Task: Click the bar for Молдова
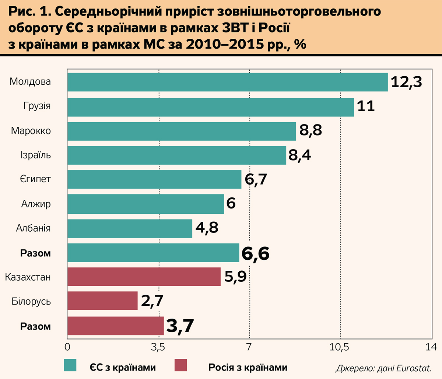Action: (x=227, y=82)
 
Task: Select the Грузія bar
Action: (x=210, y=107)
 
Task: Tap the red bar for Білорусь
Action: (x=102, y=301)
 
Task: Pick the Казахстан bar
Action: (x=144, y=277)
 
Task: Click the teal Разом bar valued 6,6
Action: (x=153, y=253)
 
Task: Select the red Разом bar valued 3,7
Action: (x=115, y=326)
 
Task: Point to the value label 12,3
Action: (x=406, y=82)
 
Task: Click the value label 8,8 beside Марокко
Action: (x=311, y=130)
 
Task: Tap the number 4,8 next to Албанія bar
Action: (x=207, y=228)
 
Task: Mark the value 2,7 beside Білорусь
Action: (x=152, y=301)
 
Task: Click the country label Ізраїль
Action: (x=35, y=155)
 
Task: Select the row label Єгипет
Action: (x=35, y=179)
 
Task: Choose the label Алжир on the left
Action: (x=36, y=204)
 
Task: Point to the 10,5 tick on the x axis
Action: (x=339, y=347)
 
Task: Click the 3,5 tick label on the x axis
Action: (x=158, y=347)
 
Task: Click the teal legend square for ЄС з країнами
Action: (x=70, y=365)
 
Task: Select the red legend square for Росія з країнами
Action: (x=180, y=365)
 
